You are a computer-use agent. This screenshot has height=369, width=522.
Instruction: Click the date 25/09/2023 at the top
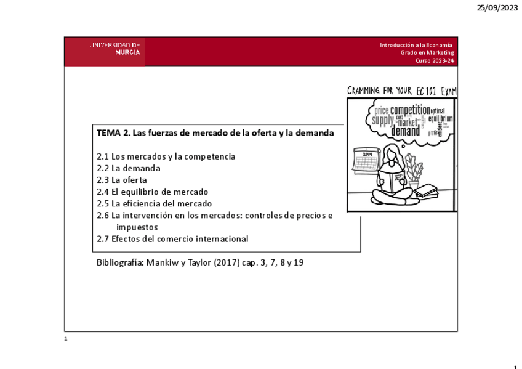point(497,7)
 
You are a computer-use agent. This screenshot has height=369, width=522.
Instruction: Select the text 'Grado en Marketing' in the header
point(427,53)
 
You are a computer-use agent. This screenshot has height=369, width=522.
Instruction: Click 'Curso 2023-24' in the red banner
point(435,61)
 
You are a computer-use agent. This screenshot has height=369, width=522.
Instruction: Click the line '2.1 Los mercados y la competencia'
point(166,156)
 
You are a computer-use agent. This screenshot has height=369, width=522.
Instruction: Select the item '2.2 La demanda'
point(129,168)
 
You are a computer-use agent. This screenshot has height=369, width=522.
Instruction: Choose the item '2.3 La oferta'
point(122,180)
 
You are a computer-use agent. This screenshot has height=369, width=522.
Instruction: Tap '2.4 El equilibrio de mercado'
point(152,192)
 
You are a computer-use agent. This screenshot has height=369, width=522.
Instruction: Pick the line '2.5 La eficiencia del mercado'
point(154,203)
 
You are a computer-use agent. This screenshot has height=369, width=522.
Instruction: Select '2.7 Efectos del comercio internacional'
point(172,238)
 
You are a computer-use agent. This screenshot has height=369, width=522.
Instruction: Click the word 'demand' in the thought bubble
point(405,131)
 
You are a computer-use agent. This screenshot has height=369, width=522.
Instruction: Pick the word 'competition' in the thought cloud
point(409,110)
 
